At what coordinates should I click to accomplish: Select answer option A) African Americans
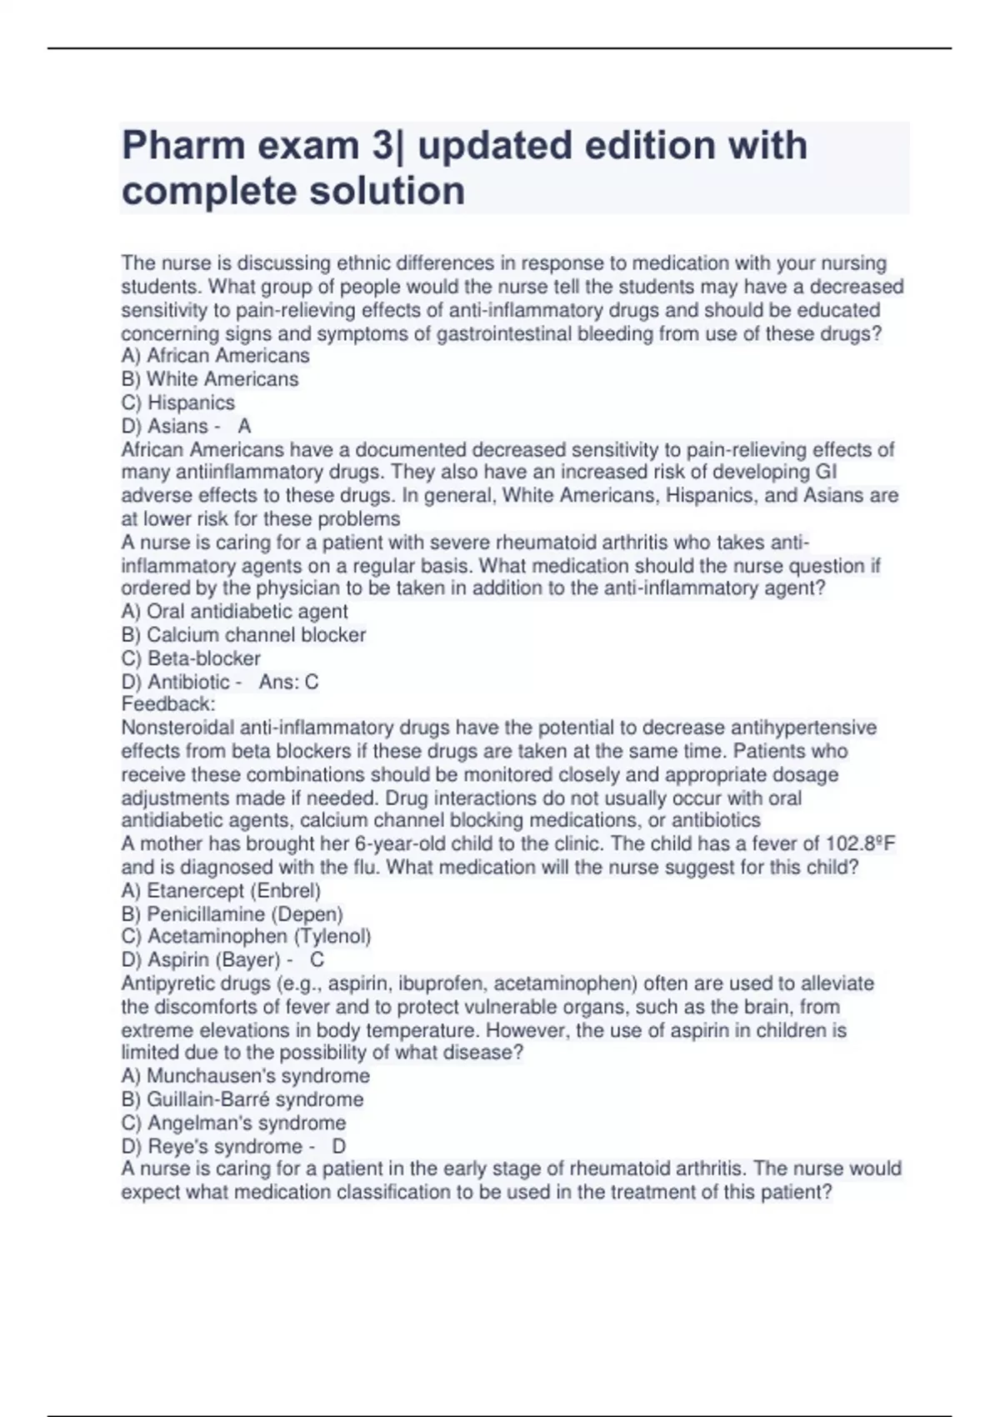(215, 356)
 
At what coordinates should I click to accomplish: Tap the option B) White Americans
(209, 379)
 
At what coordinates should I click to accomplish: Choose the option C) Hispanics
(177, 403)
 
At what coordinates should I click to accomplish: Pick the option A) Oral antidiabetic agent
(234, 611)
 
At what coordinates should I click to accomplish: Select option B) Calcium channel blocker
(243, 634)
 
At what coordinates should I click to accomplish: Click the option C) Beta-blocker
(191, 658)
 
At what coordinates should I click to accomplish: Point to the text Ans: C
(288, 682)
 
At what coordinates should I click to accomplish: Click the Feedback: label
(167, 704)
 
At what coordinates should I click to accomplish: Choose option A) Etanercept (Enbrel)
(221, 890)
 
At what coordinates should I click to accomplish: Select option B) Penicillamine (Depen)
(232, 914)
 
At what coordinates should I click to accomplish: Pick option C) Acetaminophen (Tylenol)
(246, 937)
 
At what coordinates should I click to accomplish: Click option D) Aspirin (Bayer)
(200, 960)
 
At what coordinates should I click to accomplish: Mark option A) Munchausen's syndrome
(245, 1076)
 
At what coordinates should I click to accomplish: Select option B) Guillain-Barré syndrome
(242, 1099)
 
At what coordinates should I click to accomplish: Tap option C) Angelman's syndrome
(233, 1123)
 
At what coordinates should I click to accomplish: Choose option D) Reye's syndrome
(212, 1146)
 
